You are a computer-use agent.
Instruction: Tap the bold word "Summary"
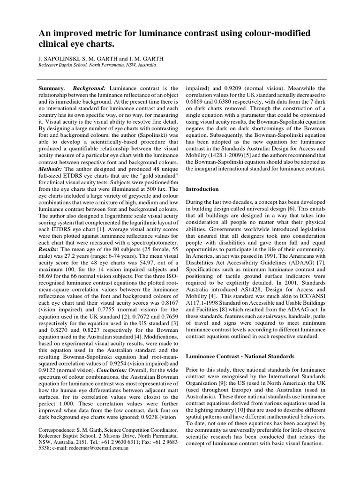pyautogui.click(x=51, y=89)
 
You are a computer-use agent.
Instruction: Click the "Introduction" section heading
pyautogui.click(x=202, y=189)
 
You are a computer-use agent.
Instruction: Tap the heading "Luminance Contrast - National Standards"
pyautogui.click(x=240, y=356)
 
